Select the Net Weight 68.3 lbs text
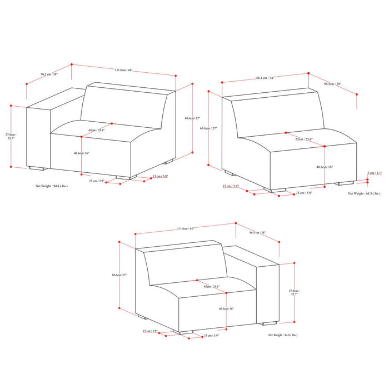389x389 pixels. pyautogui.click(x=365, y=193)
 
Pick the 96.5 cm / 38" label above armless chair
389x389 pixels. pyautogui.click(x=332, y=84)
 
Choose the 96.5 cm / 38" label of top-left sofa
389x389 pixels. pyautogui.click(x=34, y=73)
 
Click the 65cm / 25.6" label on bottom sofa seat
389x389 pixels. pyautogui.click(x=211, y=287)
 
